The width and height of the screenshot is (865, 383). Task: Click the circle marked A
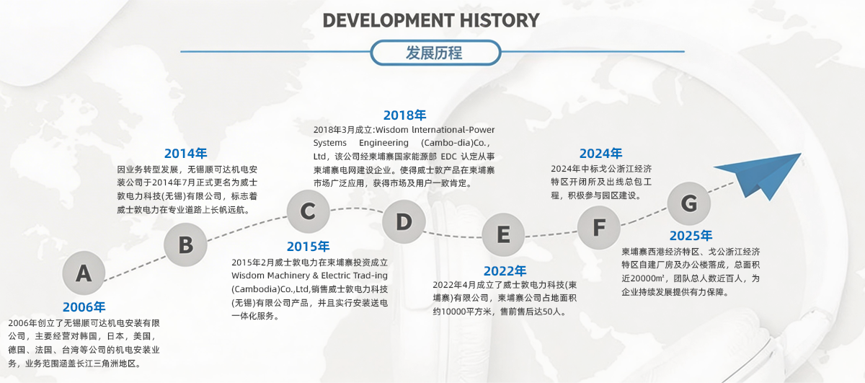coord(84,273)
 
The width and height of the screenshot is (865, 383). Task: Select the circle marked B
coord(185,245)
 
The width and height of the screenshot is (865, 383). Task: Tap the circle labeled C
coord(309,211)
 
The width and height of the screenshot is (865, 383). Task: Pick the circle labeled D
coord(404,221)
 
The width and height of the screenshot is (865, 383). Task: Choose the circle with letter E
coord(503,234)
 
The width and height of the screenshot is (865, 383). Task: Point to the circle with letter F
coord(599,227)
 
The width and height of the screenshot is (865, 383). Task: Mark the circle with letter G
coord(689,203)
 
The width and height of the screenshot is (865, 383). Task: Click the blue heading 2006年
coord(84,307)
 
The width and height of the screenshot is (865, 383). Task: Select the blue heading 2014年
coord(186,154)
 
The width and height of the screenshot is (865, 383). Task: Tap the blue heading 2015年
coord(309,246)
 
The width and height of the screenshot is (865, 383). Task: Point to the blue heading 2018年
coord(404,115)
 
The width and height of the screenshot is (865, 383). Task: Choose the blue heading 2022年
coord(505,271)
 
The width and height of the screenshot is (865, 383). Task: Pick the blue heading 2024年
coord(601,154)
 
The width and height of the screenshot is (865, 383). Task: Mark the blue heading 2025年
coord(691,235)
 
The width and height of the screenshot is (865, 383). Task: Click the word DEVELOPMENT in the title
coord(388,20)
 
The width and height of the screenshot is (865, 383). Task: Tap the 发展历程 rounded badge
coord(435,53)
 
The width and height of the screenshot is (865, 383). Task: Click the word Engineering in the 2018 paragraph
coord(383,143)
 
